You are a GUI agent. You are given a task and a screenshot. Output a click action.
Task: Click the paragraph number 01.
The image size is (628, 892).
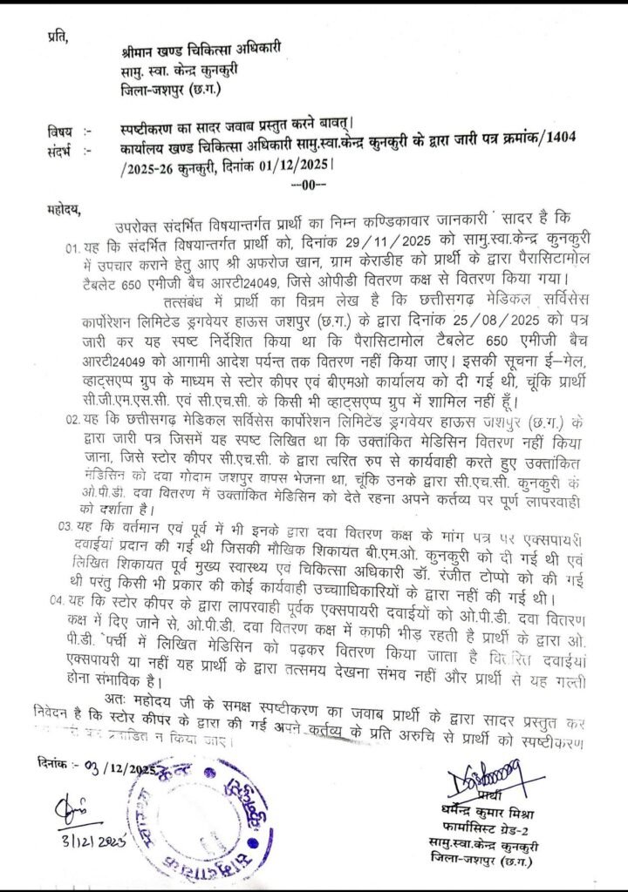[x=73, y=245]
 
